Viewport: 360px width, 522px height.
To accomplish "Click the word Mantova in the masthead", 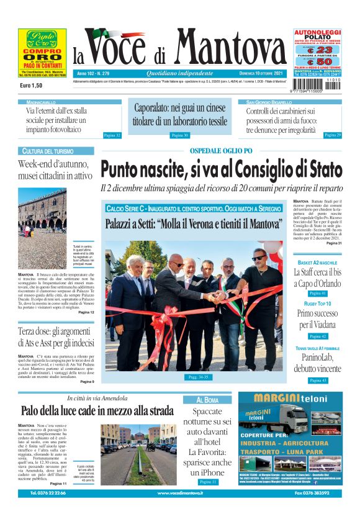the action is pos(230,49).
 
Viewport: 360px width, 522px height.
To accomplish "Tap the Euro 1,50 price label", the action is pos(33,84).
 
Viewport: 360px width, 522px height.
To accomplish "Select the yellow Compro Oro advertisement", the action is pos(42,52).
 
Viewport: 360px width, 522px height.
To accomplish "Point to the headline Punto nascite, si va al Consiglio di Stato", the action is pos(222,169).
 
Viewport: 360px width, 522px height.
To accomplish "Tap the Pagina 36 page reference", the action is pos(180,135).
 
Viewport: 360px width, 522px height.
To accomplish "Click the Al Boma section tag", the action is pos(207,400).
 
